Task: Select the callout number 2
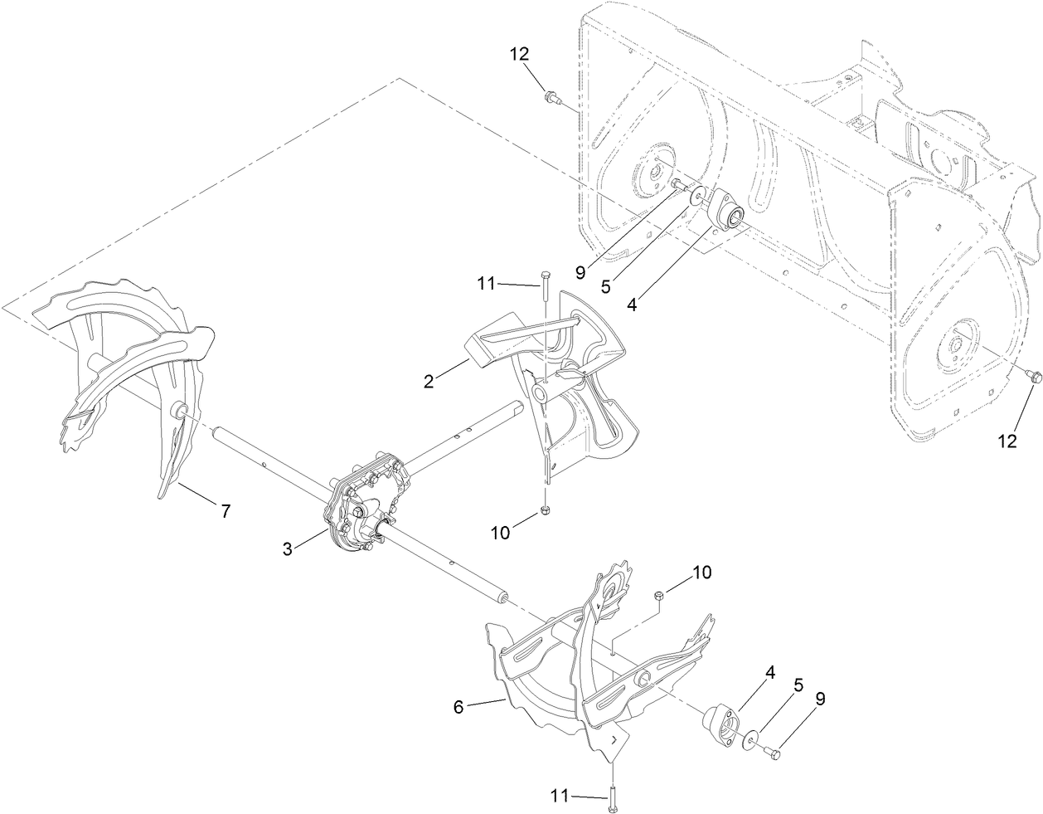pos(429,381)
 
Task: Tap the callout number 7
pos(225,512)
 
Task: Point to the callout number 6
pos(458,706)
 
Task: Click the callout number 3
pos(287,548)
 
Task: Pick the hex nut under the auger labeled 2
pos(545,510)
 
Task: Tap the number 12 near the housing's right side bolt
pos(1007,441)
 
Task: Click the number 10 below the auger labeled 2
pos(500,533)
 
